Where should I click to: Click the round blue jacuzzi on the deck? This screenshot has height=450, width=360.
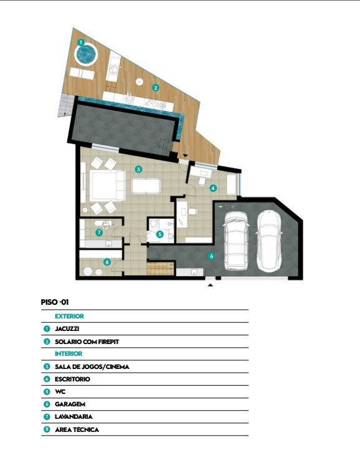86,54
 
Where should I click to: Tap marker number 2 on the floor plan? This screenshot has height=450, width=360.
156,87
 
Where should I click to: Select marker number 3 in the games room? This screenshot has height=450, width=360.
138,170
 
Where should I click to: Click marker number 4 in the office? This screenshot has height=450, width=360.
213,188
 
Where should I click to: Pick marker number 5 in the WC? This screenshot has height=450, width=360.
160,234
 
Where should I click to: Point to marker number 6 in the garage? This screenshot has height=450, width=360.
212,256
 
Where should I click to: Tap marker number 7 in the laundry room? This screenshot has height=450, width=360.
99,232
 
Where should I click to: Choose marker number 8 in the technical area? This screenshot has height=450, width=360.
107,262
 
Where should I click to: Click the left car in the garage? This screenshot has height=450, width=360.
236,241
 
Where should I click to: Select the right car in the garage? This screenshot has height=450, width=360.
269,241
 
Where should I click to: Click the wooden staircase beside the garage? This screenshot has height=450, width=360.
161,269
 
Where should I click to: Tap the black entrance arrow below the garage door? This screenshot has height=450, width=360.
211,285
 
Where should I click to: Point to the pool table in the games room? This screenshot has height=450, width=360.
146,186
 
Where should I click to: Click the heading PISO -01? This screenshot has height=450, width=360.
55,302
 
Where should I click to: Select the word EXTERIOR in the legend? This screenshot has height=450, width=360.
69,316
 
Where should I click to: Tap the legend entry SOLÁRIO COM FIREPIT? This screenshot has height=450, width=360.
87,342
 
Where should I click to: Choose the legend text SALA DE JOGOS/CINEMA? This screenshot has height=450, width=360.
92,366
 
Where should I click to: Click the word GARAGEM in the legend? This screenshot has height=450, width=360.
70,405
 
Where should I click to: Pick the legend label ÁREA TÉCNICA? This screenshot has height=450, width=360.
77,429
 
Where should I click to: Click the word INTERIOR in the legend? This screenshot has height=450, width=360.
69,354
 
